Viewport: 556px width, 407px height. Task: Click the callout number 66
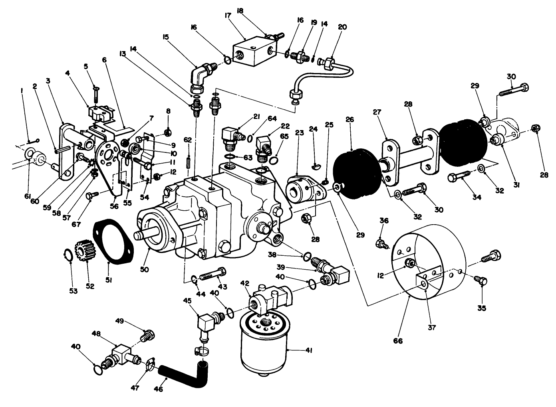[398, 341]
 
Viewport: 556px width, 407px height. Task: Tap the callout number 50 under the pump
[144, 270]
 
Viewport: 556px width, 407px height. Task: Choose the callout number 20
[342, 27]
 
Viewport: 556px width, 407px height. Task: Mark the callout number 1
[22, 91]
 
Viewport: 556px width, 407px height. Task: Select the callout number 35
[482, 308]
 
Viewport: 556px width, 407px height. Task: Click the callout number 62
[188, 140]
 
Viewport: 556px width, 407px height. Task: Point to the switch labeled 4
[98, 114]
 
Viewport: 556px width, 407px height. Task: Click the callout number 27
[377, 112]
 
